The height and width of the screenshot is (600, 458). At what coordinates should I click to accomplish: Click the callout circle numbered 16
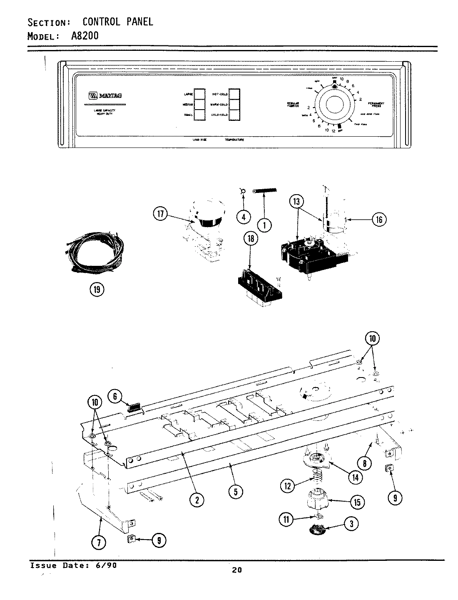pos(379,219)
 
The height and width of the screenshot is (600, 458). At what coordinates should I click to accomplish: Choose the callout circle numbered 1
pos(264,225)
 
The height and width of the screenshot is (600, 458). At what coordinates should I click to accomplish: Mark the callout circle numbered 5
pos(235,492)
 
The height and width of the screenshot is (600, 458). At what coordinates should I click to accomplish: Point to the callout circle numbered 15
pos(357,502)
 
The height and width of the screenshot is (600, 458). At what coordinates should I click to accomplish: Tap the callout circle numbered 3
pos(351,524)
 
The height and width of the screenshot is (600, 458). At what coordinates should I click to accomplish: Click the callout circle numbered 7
pos(99,542)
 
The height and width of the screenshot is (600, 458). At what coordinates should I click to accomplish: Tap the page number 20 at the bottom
pos(236,570)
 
